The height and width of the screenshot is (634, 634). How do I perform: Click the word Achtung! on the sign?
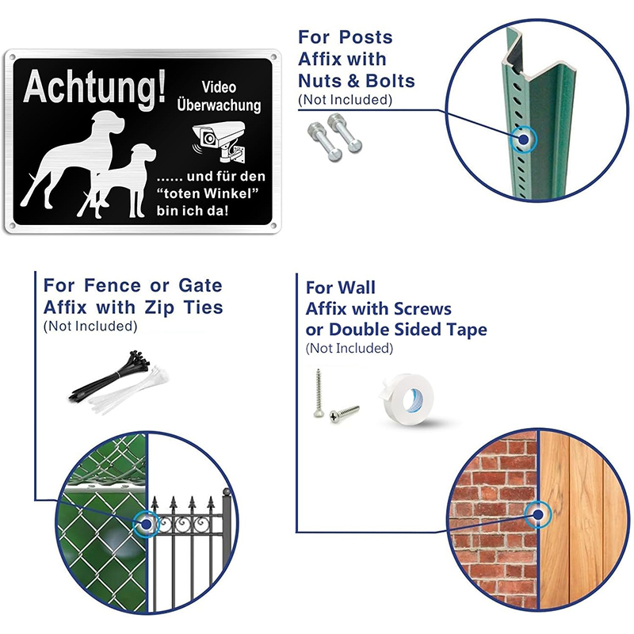(x=94, y=88)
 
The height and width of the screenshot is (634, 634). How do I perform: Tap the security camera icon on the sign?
(x=219, y=141)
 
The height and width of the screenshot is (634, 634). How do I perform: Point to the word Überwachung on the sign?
(x=219, y=105)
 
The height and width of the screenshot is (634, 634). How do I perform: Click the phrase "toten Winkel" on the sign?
(x=208, y=193)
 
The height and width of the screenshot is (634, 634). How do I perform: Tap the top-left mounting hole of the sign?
(x=12, y=56)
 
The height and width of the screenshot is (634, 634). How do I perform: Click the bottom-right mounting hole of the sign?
(x=273, y=226)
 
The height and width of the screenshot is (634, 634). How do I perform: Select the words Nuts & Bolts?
(x=356, y=81)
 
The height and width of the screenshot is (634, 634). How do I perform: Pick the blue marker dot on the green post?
(x=524, y=139)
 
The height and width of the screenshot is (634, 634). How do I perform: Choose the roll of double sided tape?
(x=407, y=399)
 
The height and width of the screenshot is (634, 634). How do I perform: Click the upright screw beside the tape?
(x=319, y=393)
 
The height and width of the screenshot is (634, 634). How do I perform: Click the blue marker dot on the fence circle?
(x=147, y=525)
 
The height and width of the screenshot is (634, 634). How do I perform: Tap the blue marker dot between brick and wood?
(x=538, y=514)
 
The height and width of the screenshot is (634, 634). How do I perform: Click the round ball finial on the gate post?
(x=227, y=492)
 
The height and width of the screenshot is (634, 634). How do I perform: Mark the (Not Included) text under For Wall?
(x=349, y=348)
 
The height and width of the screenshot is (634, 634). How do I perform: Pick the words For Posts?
(x=346, y=37)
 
